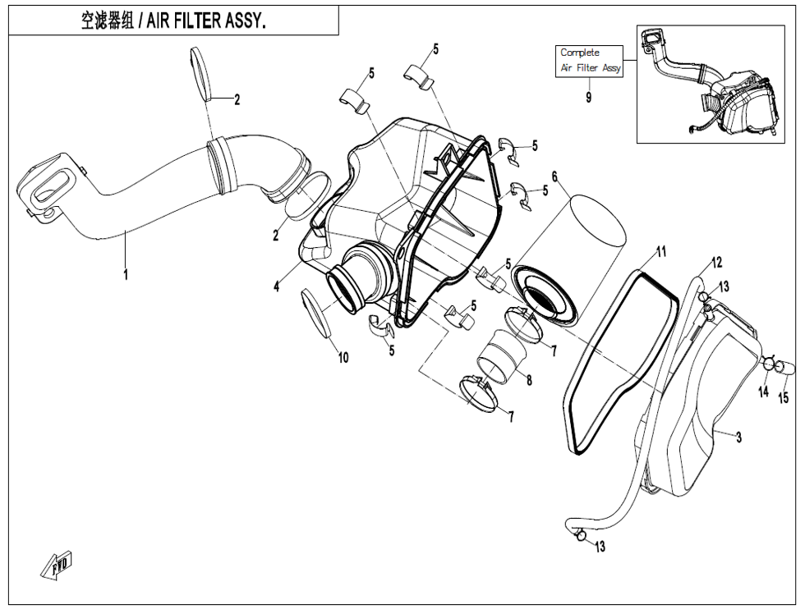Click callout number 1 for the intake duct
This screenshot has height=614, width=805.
pos(126,275)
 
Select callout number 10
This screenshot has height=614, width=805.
pos(343,357)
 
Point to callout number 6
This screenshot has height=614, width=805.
pos(554,176)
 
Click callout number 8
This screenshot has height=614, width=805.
pos(529,380)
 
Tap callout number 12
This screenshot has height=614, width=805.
pos(716,263)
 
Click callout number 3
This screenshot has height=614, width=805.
pos(739,438)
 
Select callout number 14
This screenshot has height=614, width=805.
pos(763,392)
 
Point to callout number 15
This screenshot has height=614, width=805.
pos(783,398)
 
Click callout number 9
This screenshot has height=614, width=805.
pos(588,97)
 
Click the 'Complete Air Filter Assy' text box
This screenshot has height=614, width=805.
pos(590,61)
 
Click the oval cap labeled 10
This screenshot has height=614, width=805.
pos(317,312)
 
